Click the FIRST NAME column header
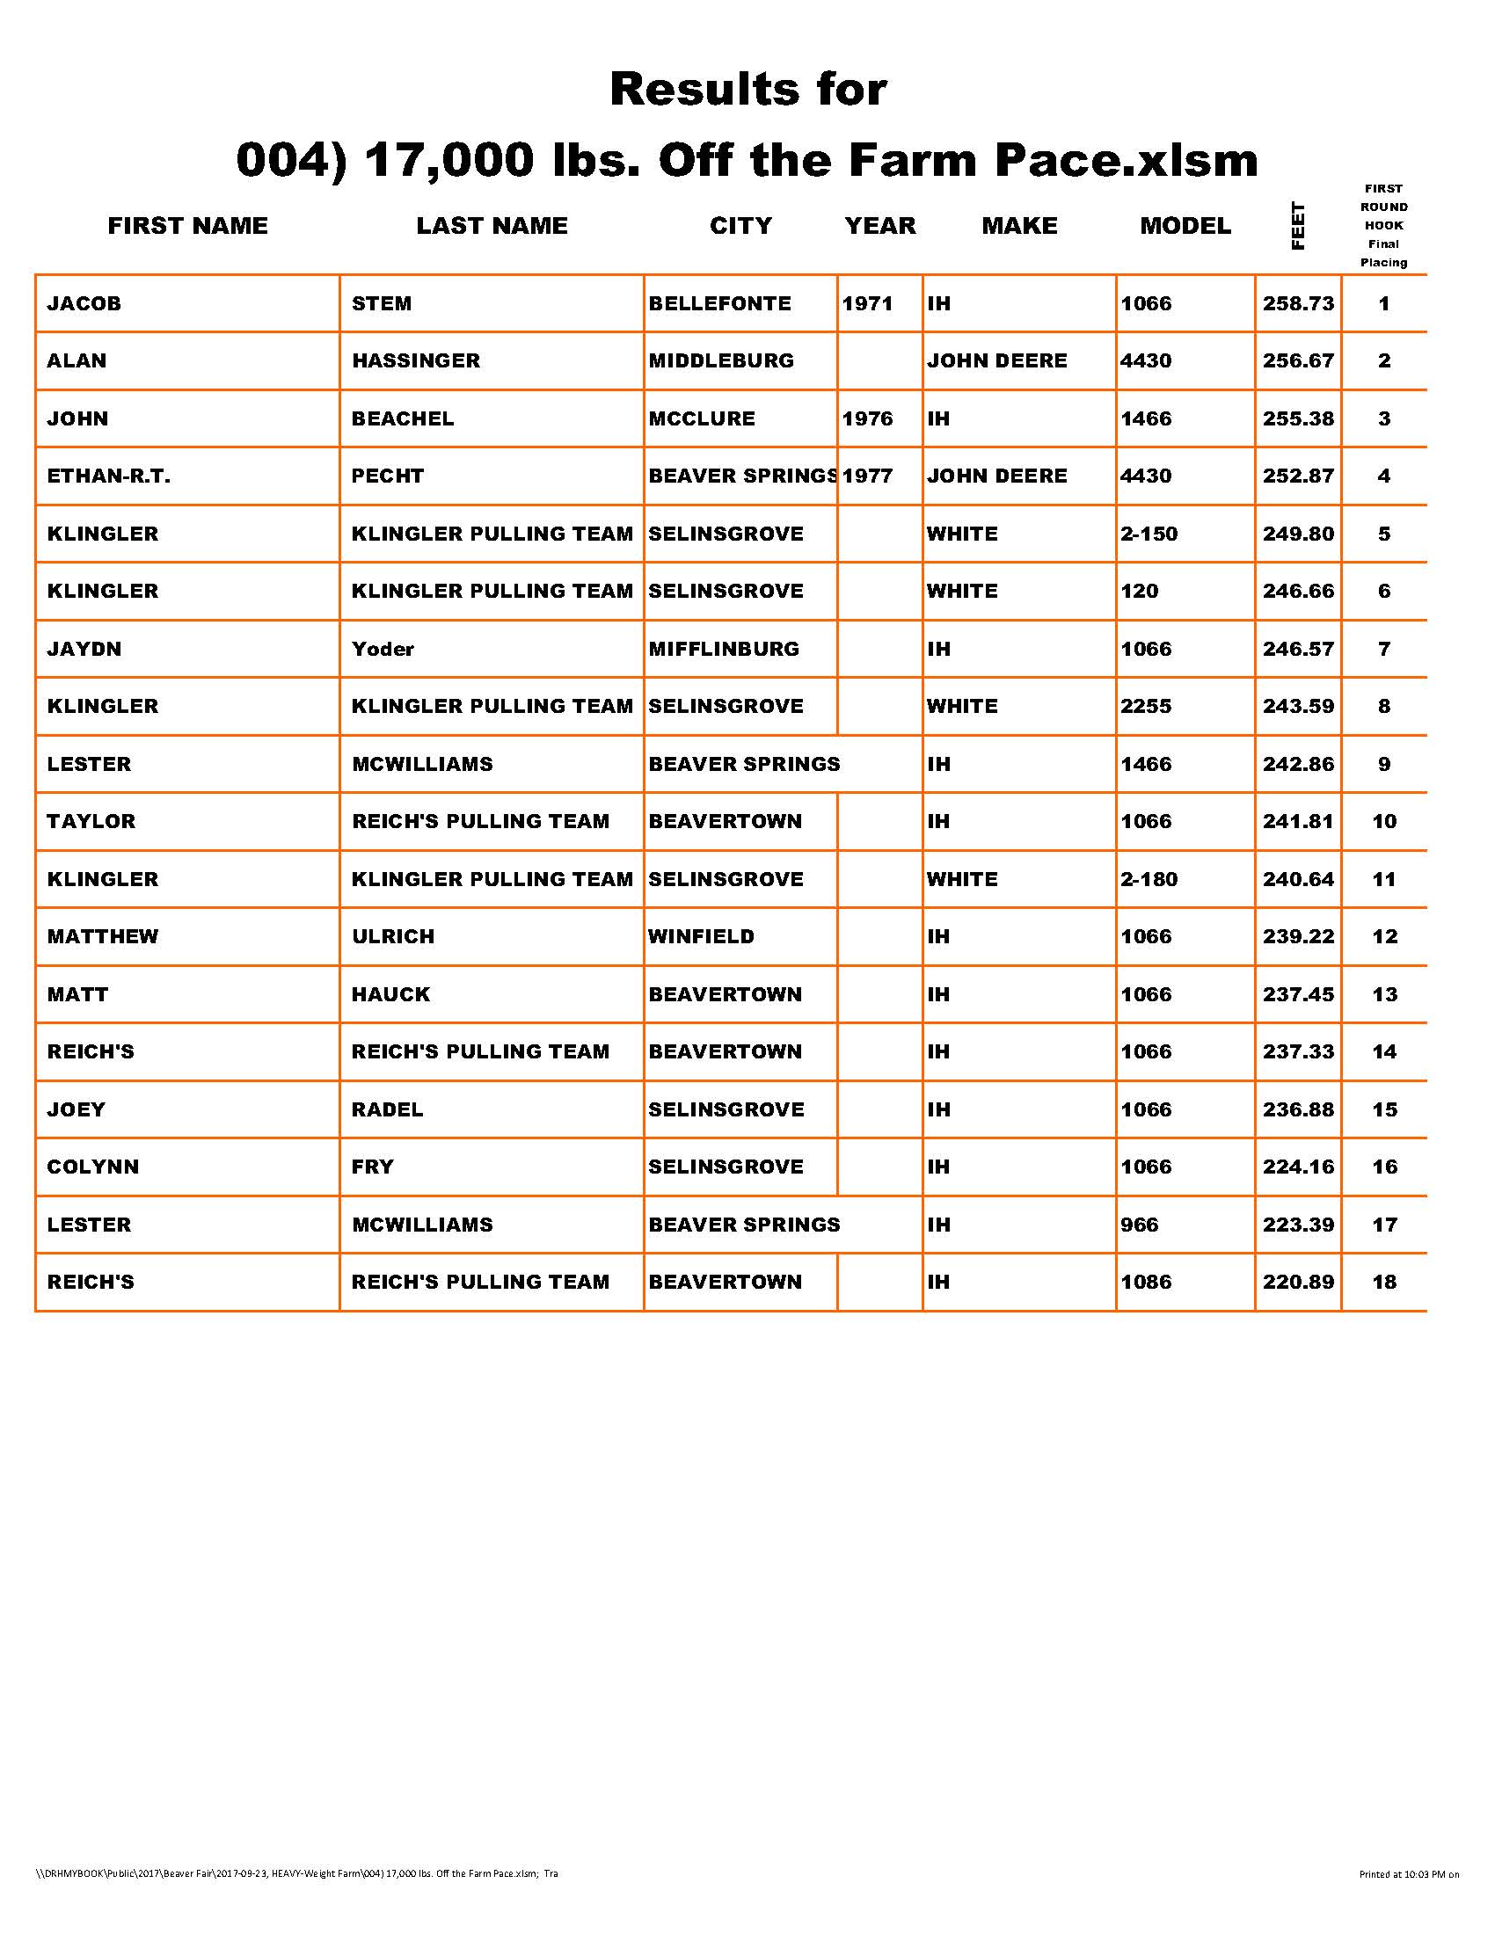(188, 226)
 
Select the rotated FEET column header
(1297, 227)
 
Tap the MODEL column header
(1185, 226)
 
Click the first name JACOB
(84, 304)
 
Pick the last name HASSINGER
(415, 361)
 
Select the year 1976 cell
(867, 418)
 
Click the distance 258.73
(1297, 304)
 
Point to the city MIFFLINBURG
(724, 649)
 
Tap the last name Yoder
(383, 649)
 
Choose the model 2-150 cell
(1149, 534)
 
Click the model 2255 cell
(1146, 707)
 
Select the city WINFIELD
(702, 937)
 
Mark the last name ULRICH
(393, 937)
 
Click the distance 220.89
(1297, 1283)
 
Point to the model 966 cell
(1139, 1225)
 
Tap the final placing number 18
(1384, 1283)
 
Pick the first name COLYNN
(93, 1167)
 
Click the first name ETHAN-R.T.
(109, 476)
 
